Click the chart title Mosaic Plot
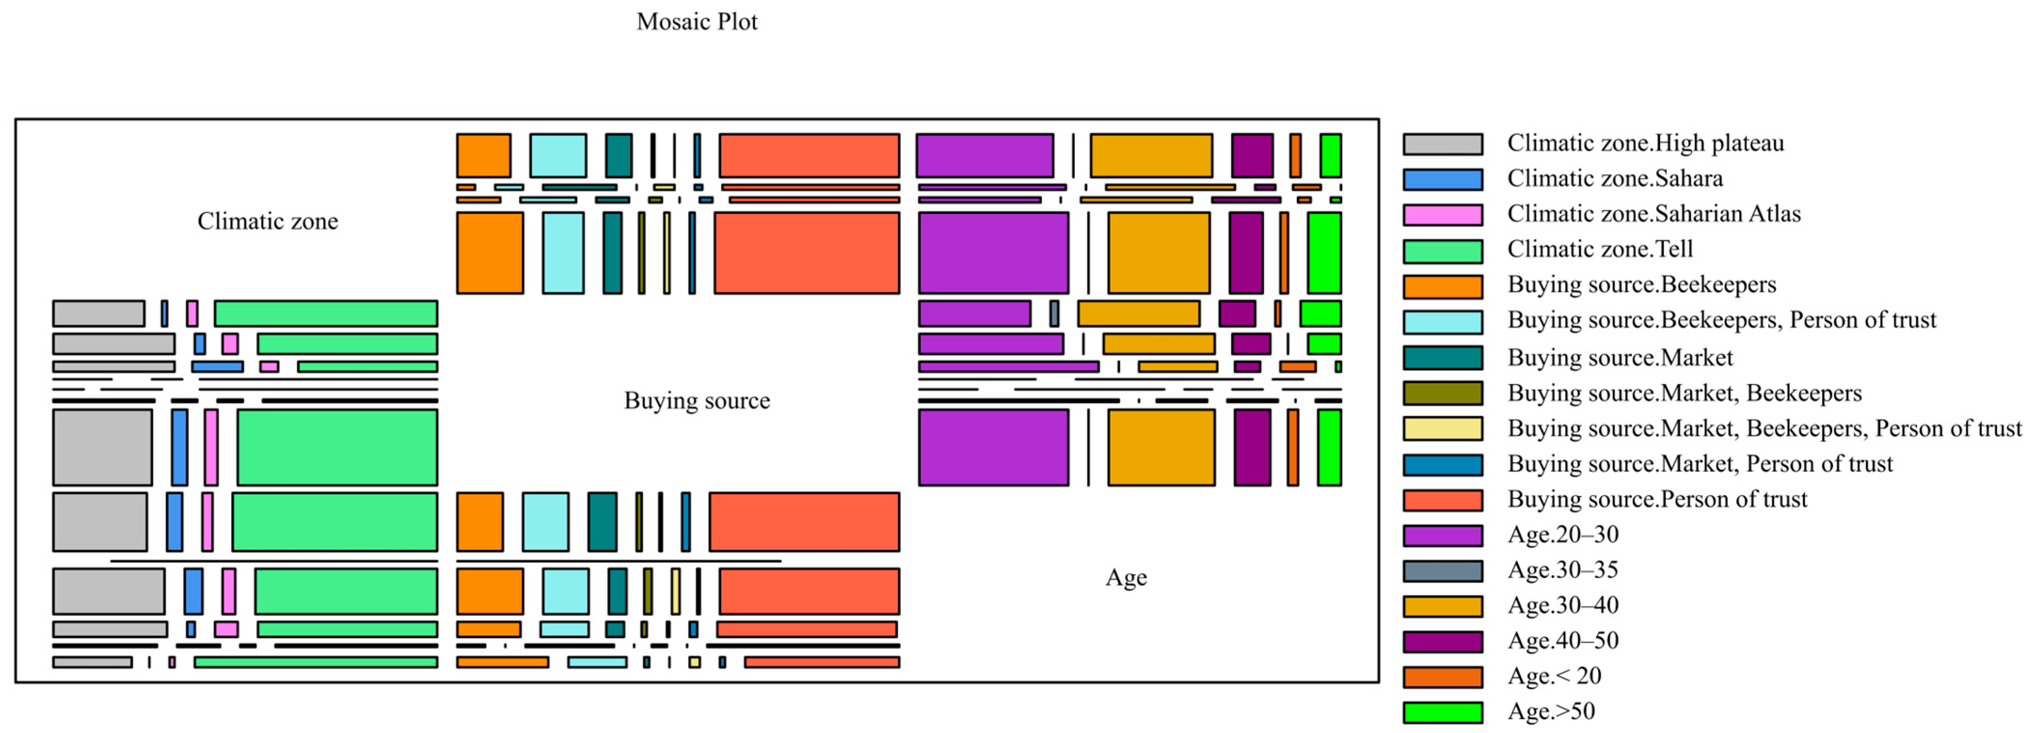696,21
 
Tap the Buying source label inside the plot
696,401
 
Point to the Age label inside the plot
1126,578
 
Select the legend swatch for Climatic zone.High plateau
1442,144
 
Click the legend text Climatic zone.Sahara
1615,179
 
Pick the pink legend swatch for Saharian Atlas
1442,215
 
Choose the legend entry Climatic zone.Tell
1600,249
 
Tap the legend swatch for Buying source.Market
1442,358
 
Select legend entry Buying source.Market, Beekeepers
1684,393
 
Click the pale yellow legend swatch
1442,429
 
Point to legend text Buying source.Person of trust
1657,499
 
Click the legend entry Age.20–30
1563,535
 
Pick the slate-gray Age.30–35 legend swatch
1442,571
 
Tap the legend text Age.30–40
1563,606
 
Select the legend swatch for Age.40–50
1442,642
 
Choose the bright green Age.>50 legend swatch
1442,713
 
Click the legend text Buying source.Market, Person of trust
1700,464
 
